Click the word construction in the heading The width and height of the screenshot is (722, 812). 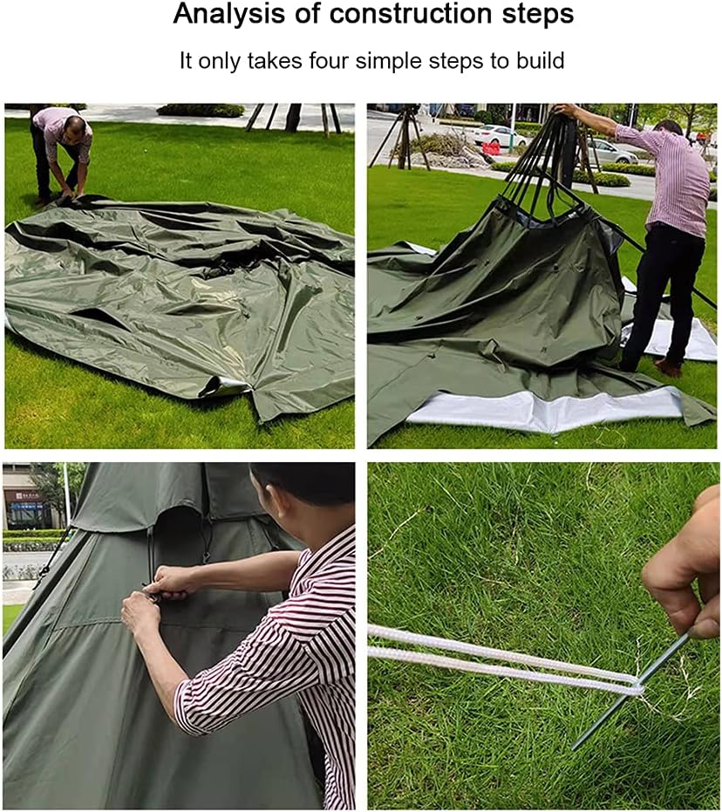pyautogui.click(x=389, y=15)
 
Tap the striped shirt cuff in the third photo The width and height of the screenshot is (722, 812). pyautogui.click(x=196, y=706)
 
